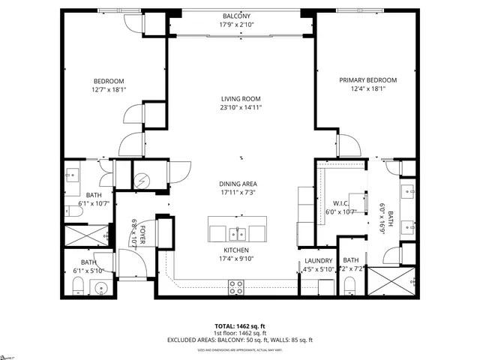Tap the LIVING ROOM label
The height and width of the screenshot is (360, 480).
241,99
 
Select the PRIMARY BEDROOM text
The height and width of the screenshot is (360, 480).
367,80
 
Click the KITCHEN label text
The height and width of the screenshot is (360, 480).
236,250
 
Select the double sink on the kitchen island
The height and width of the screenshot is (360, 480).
239,231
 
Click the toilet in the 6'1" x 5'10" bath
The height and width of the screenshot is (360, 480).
78,286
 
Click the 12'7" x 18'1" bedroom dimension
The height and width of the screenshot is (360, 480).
109,91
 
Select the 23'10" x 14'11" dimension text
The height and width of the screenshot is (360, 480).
241,108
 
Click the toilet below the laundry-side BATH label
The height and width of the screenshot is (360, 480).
349,284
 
